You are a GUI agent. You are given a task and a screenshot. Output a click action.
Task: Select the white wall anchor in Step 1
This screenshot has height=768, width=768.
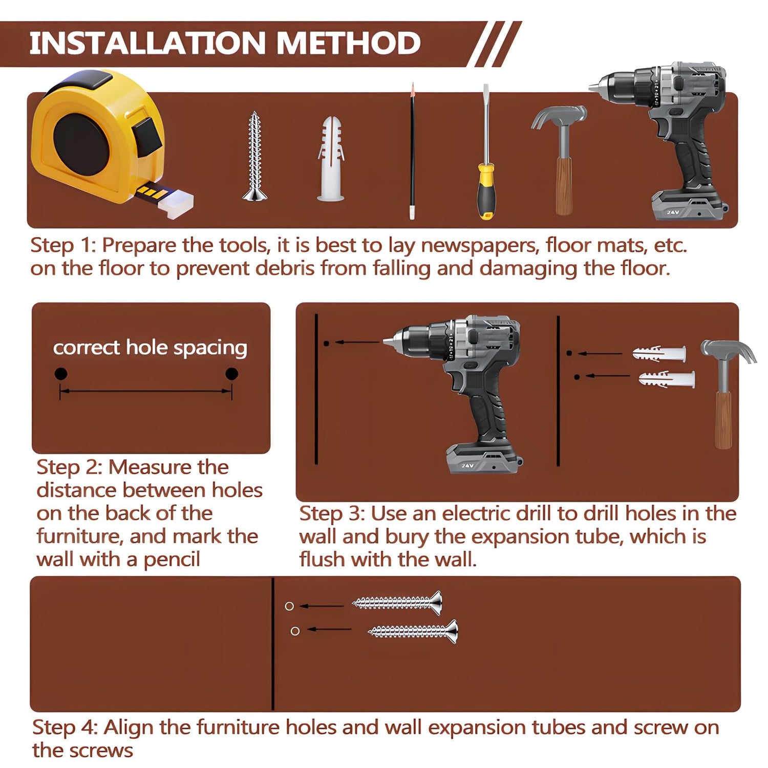tap(331, 159)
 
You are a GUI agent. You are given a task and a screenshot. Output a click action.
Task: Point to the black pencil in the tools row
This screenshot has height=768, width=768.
tap(412, 151)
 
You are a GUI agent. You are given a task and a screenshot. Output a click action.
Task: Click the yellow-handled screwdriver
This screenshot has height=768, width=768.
tap(486, 154)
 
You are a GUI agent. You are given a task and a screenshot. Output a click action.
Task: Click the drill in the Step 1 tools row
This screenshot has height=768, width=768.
tap(666, 141)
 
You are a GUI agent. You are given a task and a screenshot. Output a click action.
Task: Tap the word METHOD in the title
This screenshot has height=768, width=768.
tap(349, 43)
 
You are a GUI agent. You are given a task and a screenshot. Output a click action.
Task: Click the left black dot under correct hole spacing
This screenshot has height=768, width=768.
tap(60, 374)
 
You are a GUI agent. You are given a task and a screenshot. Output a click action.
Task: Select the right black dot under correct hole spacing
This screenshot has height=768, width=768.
tap(231, 374)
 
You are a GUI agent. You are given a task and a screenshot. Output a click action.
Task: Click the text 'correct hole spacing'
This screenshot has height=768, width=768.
tap(150, 348)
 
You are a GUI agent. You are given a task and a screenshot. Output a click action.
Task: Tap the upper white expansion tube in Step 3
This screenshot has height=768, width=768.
tap(659, 354)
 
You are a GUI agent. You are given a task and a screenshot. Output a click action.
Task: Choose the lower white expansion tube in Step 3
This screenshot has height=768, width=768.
tap(667, 379)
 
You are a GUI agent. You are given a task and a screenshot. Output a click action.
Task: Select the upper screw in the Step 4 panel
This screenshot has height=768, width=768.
tap(397, 603)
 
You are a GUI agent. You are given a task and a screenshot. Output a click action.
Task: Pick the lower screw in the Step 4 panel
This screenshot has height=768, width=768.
tap(413, 631)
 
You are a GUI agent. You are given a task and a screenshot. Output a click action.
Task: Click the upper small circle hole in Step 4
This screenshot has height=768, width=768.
tap(289, 606)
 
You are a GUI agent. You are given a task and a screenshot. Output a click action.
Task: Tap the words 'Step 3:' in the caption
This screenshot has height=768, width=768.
tap(332, 514)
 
